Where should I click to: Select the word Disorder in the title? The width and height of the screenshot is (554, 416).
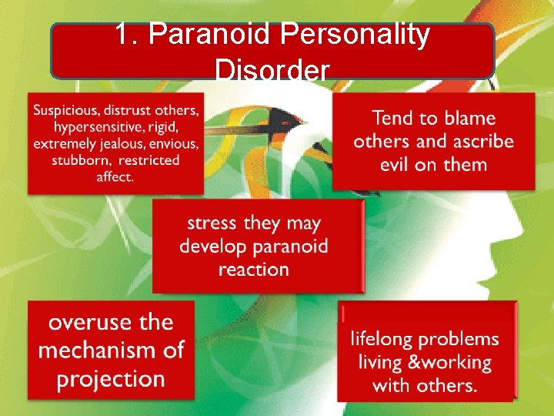pos(272,71)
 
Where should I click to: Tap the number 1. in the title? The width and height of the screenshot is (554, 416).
pos(127,35)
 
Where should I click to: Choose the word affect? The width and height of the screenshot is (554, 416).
pos(115,177)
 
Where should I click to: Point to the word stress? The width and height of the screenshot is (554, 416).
pos(212,223)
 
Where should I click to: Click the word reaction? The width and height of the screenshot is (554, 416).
pos(253,270)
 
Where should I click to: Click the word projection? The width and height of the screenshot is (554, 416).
pos(111,379)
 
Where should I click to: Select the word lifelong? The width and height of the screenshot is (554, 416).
pos(382,339)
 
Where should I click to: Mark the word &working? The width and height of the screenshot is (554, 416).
pos(446,362)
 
